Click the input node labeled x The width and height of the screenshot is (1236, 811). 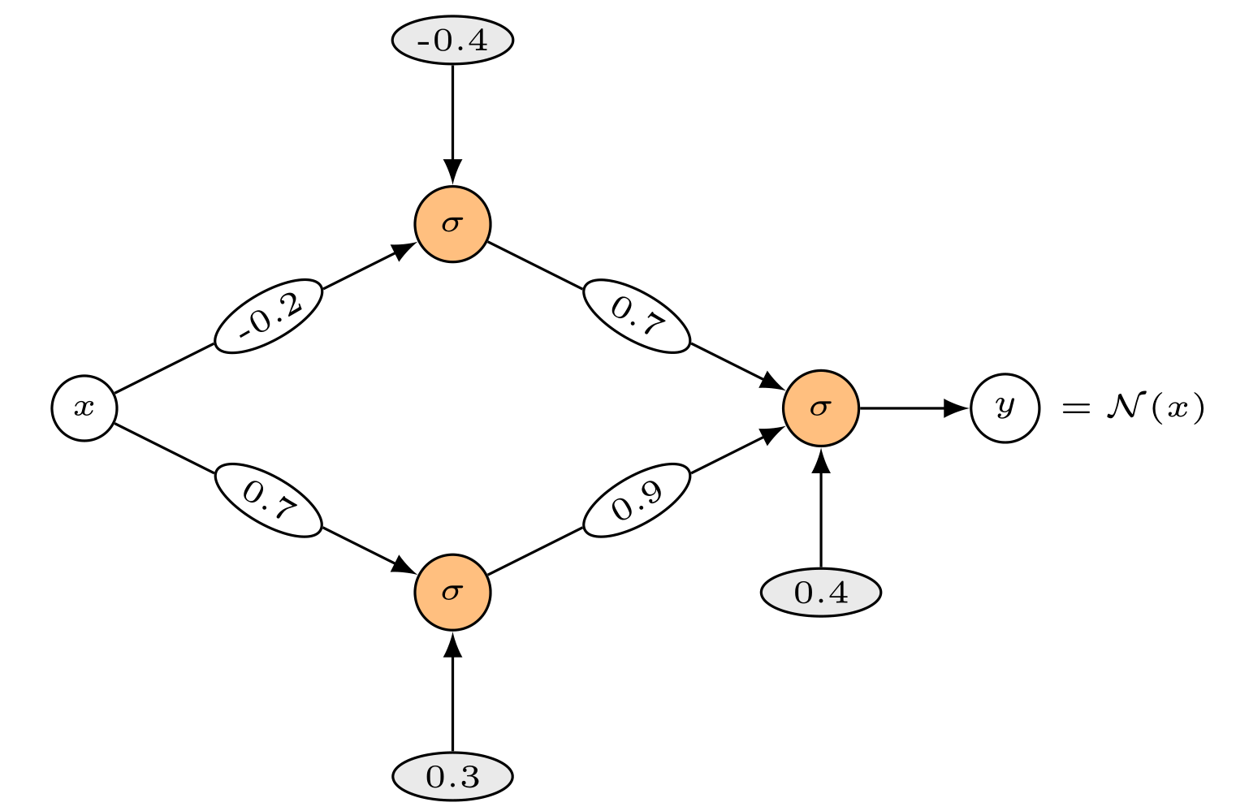tap(84, 408)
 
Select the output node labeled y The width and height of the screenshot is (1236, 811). tap(1005, 408)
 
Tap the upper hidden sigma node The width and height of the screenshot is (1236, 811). tap(452, 224)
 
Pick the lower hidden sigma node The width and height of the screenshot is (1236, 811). tap(452, 592)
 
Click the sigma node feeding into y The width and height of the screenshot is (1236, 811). tap(820, 408)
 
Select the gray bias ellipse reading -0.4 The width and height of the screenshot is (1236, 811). tap(452, 40)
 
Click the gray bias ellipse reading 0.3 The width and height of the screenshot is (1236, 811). tap(452, 777)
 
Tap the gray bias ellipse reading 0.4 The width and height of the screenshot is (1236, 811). tap(820, 593)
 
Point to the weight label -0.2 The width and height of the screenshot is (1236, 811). tap(269, 316)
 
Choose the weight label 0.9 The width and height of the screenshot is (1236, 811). tap(637, 500)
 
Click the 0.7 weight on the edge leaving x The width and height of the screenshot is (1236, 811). tap(269, 500)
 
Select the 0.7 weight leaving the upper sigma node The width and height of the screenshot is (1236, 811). tap(637, 316)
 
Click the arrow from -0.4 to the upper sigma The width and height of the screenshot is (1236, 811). tap(452, 122)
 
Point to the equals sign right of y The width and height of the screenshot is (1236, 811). tap(1075, 408)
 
